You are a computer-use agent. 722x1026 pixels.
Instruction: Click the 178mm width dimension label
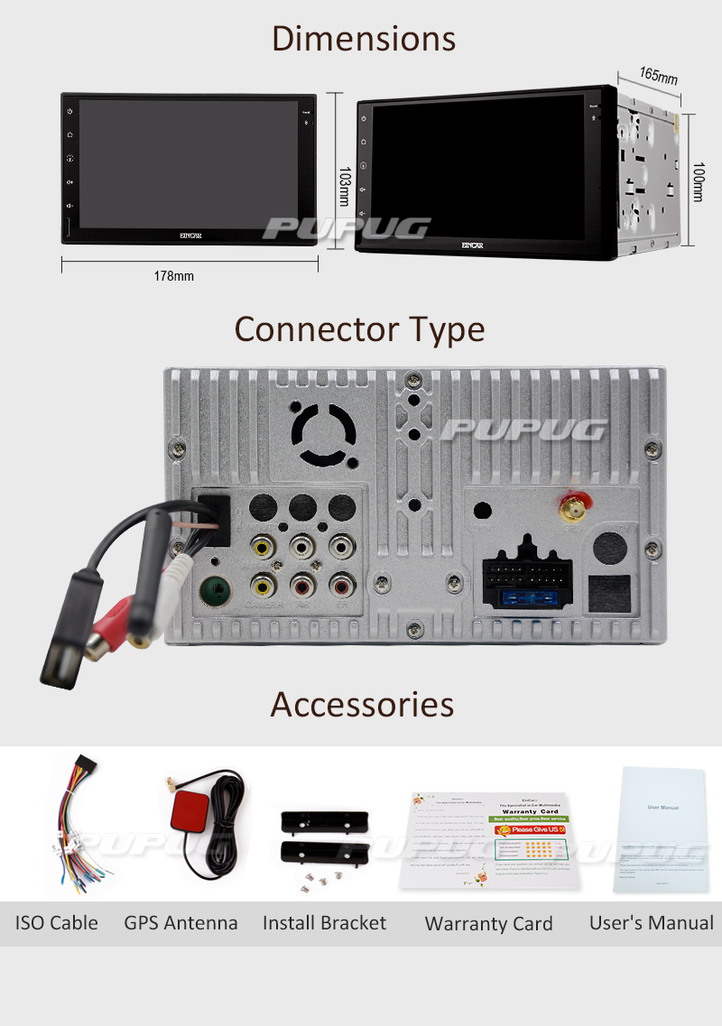pyautogui.click(x=173, y=276)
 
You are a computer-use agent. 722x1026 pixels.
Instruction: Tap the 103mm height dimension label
pyautogui.click(x=343, y=190)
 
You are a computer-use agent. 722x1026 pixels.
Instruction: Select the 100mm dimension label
pyautogui.click(x=697, y=181)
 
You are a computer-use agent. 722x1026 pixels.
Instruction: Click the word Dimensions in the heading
pyautogui.click(x=363, y=40)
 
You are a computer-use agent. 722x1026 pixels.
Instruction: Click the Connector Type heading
pyautogui.click(x=359, y=329)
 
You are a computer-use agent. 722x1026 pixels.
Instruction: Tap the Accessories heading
pyautogui.click(x=362, y=704)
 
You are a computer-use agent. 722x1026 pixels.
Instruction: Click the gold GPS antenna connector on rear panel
pyautogui.click(x=570, y=511)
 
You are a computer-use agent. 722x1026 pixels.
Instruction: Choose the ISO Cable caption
pyautogui.click(x=56, y=923)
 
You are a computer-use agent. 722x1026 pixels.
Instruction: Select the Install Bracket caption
pyautogui.click(x=324, y=923)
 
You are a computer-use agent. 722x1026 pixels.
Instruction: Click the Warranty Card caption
pyautogui.click(x=488, y=924)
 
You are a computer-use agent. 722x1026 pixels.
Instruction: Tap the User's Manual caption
pyautogui.click(x=651, y=923)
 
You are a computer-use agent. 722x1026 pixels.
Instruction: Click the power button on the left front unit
pyautogui.click(x=69, y=112)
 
